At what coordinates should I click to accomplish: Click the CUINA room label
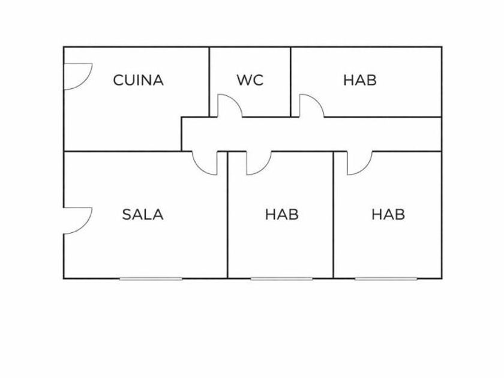coord(138,80)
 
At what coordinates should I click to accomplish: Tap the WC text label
coord(250,80)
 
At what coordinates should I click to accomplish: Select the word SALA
coord(143,214)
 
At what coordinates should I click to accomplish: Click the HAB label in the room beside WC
coord(360,80)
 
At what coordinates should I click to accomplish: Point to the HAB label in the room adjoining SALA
coord(282,214)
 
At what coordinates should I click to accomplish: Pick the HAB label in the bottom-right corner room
coord(388,214)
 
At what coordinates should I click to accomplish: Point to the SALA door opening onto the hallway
coord(206,163)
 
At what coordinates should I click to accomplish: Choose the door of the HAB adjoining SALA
coord(259,163)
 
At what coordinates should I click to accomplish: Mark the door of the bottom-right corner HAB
coord(359,163)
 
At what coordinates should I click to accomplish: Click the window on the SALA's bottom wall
coord(151,278)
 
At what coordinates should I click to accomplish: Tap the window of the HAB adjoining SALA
coord(281,278)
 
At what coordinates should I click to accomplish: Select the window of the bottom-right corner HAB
coord(386,278)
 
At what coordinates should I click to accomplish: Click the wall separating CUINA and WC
coord(209,72)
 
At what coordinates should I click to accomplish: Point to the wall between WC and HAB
coord(291,72)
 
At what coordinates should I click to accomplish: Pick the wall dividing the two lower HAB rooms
coord(334,216)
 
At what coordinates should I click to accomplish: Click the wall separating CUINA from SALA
coord(120,151)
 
